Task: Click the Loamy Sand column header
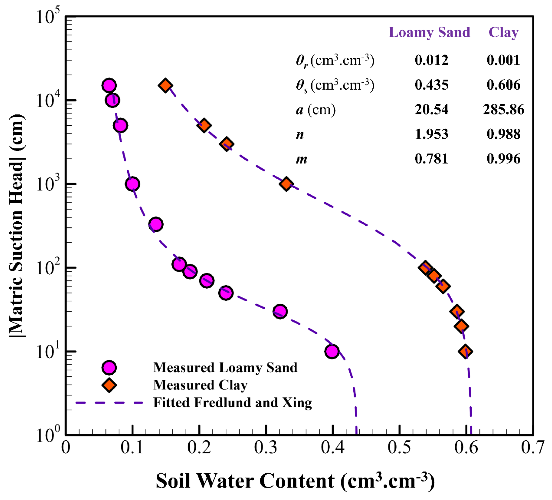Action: click(429, 33)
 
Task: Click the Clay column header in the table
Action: click(504, 33)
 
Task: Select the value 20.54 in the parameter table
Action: click(432, 110)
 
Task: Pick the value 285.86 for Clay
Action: click(504, 110)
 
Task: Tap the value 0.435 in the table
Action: click(432, 85)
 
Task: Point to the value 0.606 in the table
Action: click(504, 85)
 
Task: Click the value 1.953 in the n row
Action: click(432, 134)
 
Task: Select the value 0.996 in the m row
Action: click(504, 159)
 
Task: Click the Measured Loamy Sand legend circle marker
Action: click(109, 368)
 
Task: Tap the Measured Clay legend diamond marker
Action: click(109, 385)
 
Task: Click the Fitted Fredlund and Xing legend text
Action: click(233, 403)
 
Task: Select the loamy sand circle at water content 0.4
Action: click(332, 352)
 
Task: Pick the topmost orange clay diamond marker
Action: click(165, 86)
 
